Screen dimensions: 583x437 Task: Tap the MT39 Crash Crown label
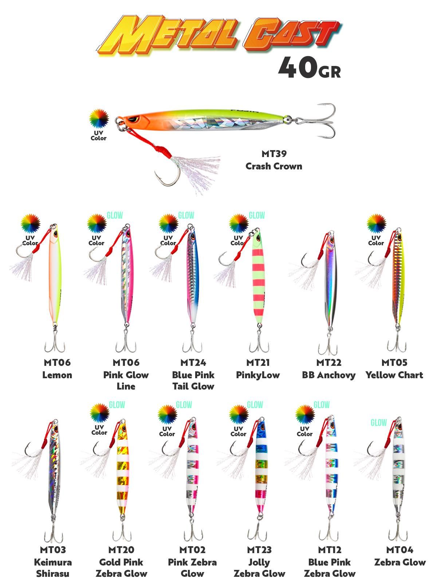point(273,160)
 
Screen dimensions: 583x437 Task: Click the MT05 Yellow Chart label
point(394,369)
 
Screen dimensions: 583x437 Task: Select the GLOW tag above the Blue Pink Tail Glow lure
point(186,215)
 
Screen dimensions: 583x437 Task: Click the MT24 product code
point(193,363)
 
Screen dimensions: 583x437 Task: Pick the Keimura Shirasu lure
point(54,470)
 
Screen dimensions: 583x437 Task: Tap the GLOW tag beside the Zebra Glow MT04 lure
point(378,423)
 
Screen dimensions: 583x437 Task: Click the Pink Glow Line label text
point(126,380)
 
